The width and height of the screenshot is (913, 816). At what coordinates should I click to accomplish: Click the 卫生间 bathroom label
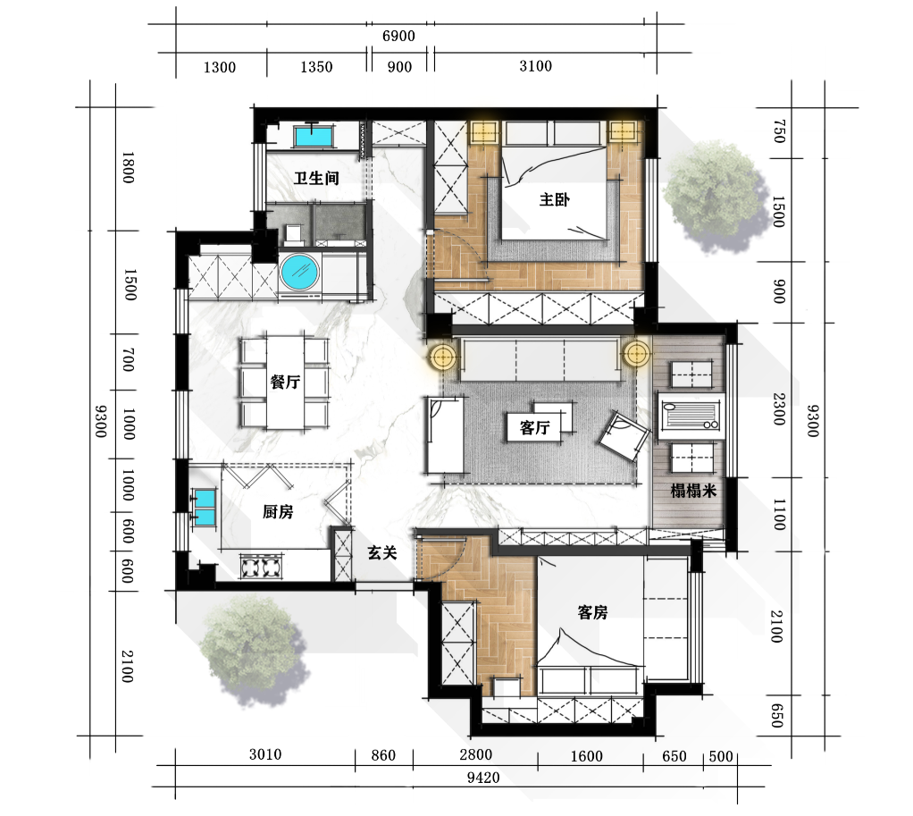(316, 178)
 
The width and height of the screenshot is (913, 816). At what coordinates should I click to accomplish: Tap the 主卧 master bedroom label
(554, 200)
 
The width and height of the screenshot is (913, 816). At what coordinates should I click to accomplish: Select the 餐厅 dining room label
(285, 383)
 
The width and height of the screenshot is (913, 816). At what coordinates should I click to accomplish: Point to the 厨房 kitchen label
(278, 511)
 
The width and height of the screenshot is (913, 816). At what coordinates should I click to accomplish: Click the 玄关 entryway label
(382, 552)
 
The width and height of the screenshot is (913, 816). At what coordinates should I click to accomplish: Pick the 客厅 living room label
(535, 428)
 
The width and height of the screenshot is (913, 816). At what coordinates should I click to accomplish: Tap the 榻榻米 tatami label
(693, 491)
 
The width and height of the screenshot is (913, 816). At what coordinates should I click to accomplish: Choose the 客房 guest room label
(593, 612)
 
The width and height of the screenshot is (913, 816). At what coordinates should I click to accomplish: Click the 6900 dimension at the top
(398, 36)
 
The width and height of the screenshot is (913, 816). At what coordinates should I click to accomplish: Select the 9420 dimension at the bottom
(483, 778)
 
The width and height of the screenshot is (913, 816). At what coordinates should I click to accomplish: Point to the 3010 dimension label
(265, 754)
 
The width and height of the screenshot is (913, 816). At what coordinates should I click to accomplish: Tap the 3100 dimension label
(536, 66)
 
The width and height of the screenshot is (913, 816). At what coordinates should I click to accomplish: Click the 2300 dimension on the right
(779, 408)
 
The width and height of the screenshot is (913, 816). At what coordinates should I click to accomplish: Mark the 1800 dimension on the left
(128, 168)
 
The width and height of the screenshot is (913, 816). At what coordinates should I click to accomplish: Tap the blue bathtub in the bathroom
(314, 137)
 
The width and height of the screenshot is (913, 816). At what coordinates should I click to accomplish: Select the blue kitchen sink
(205, 507)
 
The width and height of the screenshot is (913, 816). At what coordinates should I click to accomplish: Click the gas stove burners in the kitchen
(260, 567)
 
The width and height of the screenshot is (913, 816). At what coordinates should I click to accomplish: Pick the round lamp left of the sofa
(443, 355)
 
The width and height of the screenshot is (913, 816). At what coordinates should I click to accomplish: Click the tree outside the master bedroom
(713, 196)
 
